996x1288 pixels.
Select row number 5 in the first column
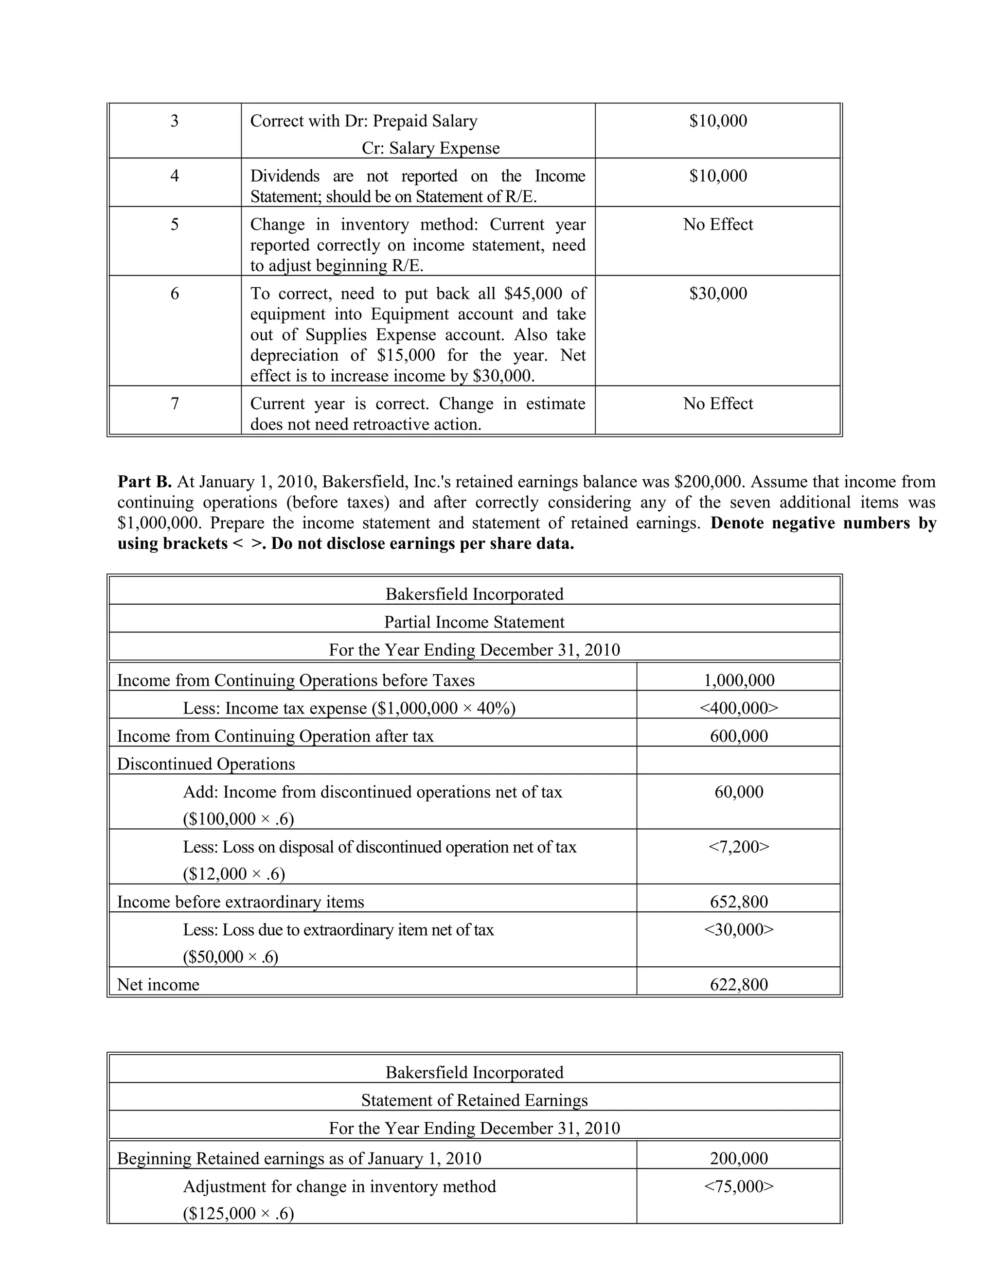(x=174, y=224)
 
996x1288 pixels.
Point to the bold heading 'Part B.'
(x=144, y=482)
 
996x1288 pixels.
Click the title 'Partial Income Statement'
(x=474, y=622)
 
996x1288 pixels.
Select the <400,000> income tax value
(x=738, y=708)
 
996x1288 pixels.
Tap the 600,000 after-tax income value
(x=738, y=736)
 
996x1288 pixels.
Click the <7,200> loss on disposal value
(x=738, y=847)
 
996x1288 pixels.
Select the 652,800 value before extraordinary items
(x=738, y=902)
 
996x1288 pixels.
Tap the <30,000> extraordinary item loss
(x=738, y=929)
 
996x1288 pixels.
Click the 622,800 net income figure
(x=738, y=984)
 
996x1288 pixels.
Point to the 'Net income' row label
(x=158, y=984)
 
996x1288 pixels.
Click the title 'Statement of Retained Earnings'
(x=474, y=1100)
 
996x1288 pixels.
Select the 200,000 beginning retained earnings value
(x=738, y=1158)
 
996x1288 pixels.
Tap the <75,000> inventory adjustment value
(x=738, y=1186)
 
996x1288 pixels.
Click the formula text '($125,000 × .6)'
(x=238, y=1213)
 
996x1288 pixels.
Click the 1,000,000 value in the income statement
(x=738, y=680)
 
